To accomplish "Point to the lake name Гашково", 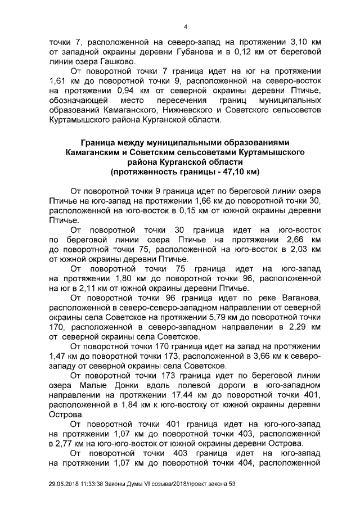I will [117, 61].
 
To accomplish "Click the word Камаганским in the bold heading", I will [94, 152].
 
